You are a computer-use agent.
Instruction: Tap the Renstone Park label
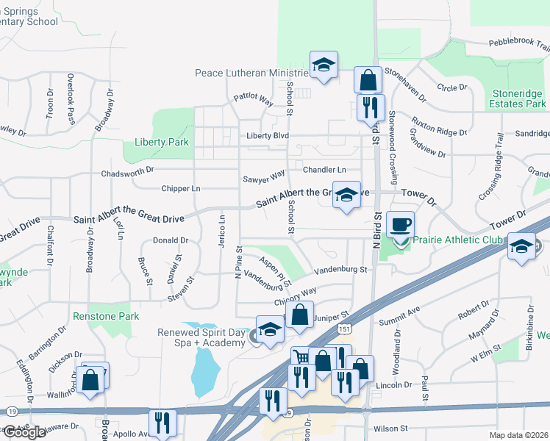point(106,317)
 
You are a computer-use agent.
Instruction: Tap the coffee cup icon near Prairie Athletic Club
point(400,224)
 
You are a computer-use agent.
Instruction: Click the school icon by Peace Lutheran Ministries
point(324,65)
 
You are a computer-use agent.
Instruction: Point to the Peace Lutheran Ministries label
point(251,73)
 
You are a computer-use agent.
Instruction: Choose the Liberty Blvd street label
point(268,136)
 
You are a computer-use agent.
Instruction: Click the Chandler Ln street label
point(324,170)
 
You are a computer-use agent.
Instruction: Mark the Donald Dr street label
point(171,240)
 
